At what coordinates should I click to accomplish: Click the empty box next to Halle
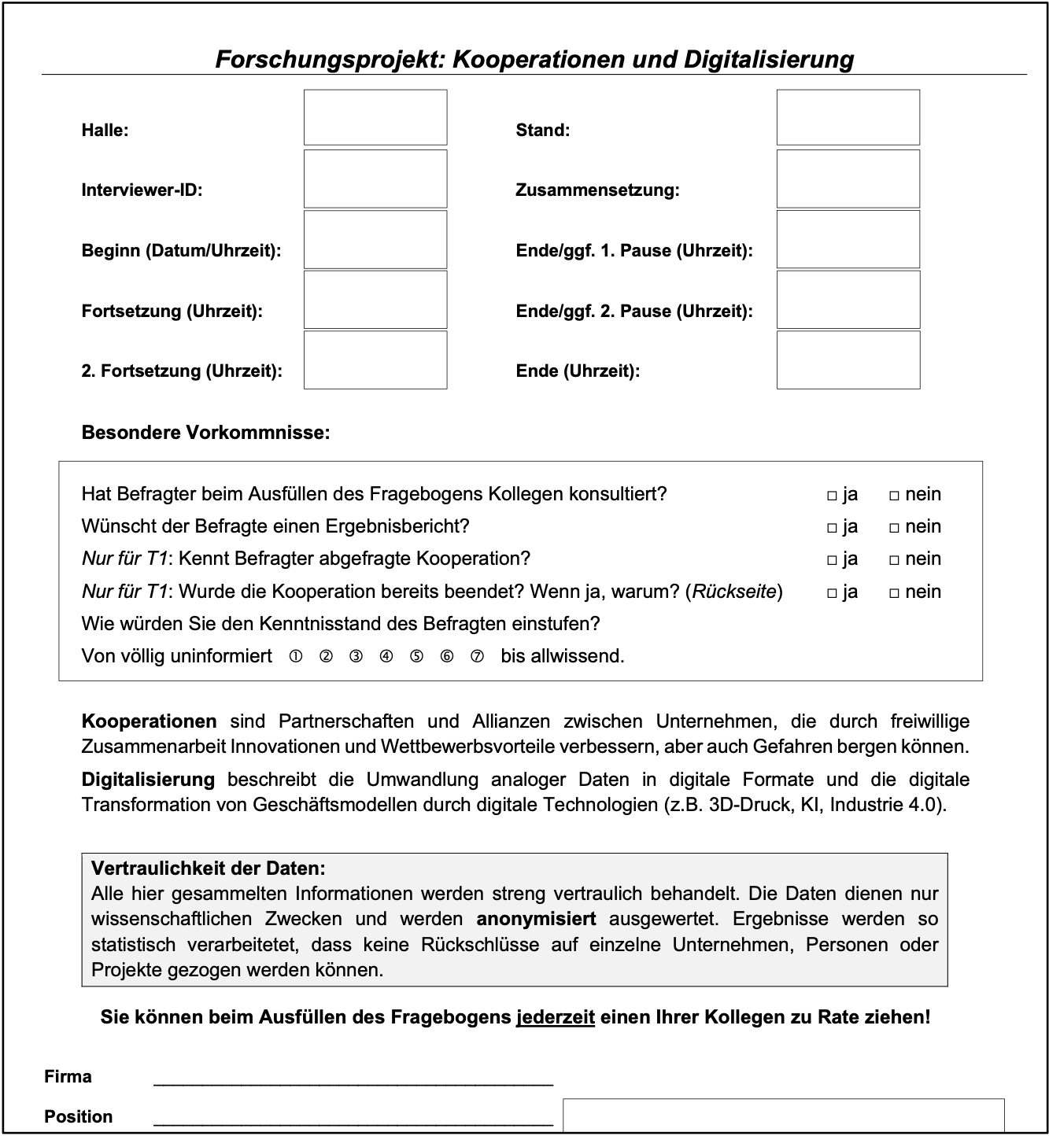(375, 117)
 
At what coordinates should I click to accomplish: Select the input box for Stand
(848, 117)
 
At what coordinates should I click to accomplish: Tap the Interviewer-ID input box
(375, 179)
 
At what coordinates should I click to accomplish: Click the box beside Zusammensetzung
(848, 179)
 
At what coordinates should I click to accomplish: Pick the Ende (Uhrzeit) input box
(848, 360)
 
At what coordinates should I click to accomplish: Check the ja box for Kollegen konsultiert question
(832, 496)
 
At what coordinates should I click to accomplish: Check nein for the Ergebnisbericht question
(894, 528)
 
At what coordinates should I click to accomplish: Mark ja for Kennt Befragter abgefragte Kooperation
(832, 560)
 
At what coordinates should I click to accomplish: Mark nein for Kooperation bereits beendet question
(894, 593)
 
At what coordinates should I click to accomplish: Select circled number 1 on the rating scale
(296, 656)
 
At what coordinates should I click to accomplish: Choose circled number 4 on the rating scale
(386, 656)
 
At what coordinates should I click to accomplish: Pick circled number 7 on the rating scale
(477, 656)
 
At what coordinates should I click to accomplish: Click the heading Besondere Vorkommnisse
(205, 433)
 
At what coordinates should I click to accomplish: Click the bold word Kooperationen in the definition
(149, 721)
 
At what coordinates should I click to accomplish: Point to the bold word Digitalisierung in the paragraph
(148, 780)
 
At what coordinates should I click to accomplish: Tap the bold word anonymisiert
(536, 919)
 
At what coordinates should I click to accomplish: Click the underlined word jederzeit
(555, 1017)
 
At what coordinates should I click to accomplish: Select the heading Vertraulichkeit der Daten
(208, 869)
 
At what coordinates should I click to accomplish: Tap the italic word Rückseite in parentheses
(734, 592)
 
